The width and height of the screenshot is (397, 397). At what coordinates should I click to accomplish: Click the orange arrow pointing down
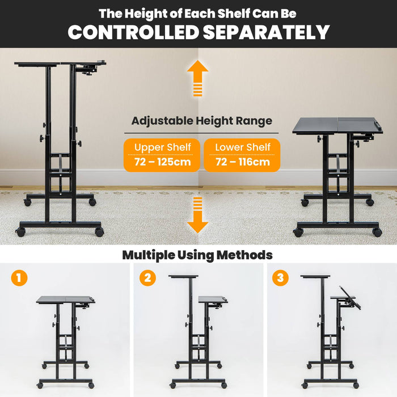pos(197,216)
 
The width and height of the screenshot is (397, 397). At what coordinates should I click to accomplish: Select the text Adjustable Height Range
pos(201,121)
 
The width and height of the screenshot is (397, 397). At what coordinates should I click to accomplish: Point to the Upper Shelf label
pos(162,147)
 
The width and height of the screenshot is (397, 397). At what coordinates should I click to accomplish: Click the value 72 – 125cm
pos(162,163)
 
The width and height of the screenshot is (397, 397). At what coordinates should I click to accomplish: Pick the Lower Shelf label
pos(242,147)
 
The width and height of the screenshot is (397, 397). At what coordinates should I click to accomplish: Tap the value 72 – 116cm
pos(242,163)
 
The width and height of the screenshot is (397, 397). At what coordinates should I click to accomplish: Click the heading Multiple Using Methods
pos(197,255)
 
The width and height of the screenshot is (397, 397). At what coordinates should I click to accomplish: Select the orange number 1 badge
pos(19,278)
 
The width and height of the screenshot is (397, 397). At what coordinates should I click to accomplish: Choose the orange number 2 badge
pos(148,278)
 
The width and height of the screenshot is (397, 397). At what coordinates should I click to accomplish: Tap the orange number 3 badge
pos(280,278)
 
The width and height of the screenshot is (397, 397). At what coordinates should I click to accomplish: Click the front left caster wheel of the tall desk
pos(21,232)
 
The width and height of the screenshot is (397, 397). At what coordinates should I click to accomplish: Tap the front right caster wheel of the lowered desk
pos(377,232)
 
